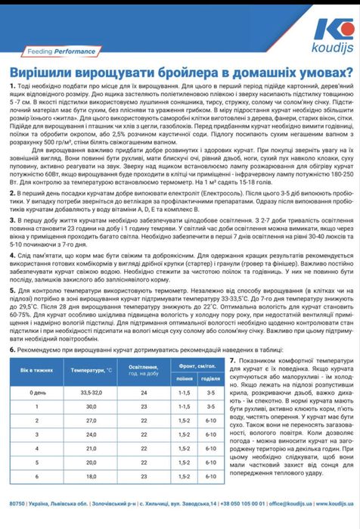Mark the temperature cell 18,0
point(91,476)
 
